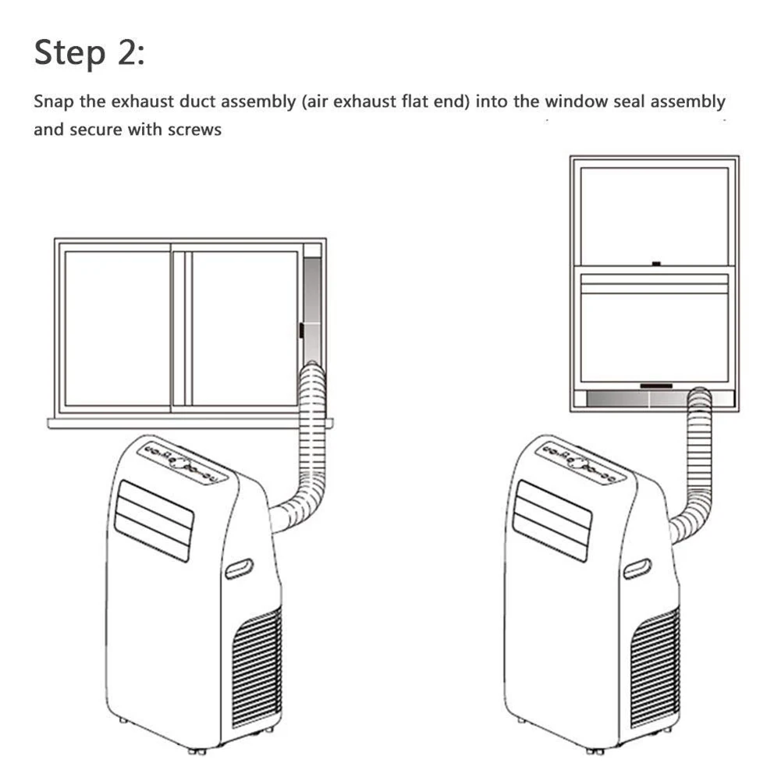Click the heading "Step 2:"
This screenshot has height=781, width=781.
pos(89,54)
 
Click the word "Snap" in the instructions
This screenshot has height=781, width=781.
pos(52,101)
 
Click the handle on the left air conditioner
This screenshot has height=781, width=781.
pos(239,569)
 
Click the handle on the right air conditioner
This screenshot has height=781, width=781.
pos(637,569)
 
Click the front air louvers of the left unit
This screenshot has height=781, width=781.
pos(154,520)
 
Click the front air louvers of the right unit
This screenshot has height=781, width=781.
pos(552,520)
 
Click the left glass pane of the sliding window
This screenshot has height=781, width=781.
pos(117,328)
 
